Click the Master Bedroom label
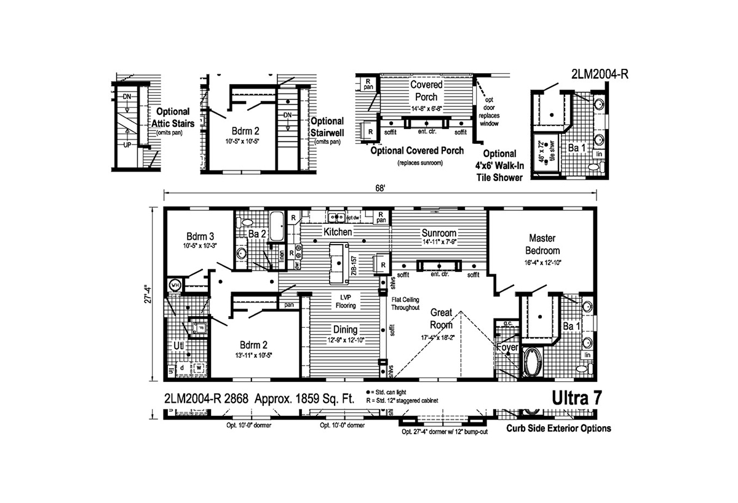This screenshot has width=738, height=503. tap(542, 244)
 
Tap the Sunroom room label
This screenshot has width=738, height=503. tap(438, 233)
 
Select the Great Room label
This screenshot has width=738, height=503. tap(442, 319)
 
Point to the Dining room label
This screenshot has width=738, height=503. tap(345, 329)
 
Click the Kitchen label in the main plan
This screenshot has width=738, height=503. tap(338, 232)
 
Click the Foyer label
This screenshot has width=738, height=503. tap(507, 347)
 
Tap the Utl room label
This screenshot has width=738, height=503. tap(178, 346)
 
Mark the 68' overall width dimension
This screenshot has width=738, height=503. tap(381, 189)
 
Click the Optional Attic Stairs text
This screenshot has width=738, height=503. tap(175, 118)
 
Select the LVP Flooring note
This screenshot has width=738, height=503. tap(345, 301)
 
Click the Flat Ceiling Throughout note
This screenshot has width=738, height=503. tap(406, 303)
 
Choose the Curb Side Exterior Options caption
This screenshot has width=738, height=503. tap(558, 429)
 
